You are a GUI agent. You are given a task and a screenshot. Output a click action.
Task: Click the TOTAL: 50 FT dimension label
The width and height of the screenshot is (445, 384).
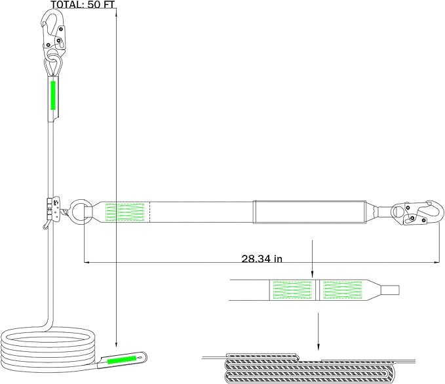83,5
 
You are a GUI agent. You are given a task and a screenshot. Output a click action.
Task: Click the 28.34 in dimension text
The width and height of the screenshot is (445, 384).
262,259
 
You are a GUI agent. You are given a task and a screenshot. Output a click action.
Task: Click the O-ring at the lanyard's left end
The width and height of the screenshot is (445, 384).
81,212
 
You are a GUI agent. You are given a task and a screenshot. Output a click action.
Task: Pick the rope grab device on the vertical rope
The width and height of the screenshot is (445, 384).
53,208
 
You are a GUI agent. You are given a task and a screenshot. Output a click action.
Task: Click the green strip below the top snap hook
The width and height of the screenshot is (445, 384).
53,96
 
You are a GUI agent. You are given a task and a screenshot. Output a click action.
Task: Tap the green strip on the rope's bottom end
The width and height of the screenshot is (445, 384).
122,359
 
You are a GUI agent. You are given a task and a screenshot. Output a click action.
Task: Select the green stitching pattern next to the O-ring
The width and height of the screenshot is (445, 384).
125,212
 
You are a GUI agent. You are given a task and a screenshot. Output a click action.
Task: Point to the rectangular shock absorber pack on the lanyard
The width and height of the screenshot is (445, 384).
309,212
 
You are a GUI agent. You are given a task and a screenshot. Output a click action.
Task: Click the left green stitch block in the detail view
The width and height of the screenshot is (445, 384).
292,290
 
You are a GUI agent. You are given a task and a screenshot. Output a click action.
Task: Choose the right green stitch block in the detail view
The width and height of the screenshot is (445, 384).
343,290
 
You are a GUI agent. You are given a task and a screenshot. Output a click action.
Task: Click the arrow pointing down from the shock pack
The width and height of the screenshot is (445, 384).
312,259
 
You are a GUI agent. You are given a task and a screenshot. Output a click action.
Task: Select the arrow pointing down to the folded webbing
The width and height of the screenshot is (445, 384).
318,332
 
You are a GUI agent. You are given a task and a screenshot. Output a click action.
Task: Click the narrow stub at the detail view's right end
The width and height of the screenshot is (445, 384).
390,290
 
